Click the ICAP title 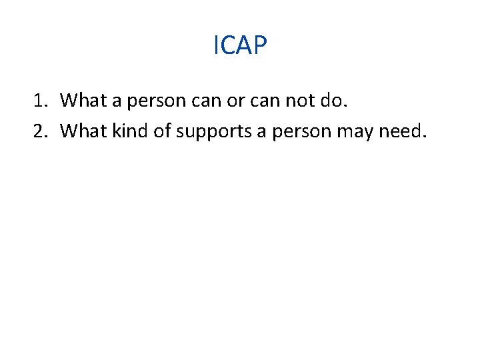click(x=240, y=45)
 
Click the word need click(x=399, y=131)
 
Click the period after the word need click(x=422, y=137)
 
